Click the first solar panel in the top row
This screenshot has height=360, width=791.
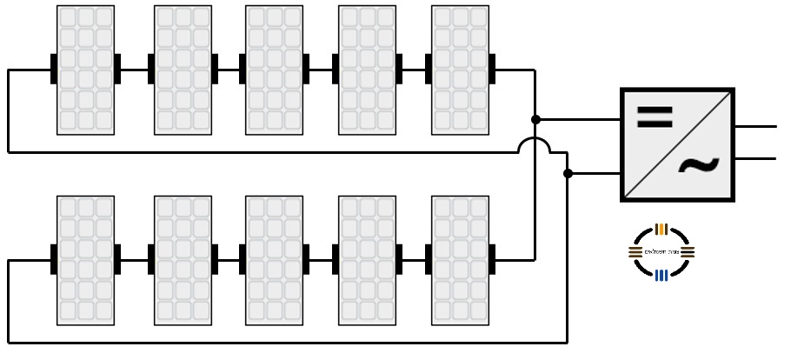(85, 70)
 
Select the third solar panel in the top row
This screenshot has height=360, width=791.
(274, 70)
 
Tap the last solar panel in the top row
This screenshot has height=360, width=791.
(460, 70)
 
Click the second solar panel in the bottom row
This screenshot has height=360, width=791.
(183, 260)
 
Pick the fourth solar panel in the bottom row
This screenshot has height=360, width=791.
(367, 260)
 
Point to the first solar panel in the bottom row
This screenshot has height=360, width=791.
(85, 260)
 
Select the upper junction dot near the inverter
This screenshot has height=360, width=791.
(535, 118)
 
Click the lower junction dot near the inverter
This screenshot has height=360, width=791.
(568, 174)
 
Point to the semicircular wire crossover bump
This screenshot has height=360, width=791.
(535, 144)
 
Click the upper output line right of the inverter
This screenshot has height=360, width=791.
(756, 126)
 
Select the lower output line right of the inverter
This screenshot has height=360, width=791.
(756, 159)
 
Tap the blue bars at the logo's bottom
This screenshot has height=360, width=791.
(661, 276)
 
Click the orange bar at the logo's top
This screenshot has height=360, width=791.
(661, 230)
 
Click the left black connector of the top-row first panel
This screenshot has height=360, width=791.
(54, 70)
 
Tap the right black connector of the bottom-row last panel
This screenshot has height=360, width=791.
(492, 260)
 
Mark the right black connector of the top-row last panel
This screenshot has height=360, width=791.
(492, 70)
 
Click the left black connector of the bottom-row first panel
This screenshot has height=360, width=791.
(54, 260)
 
